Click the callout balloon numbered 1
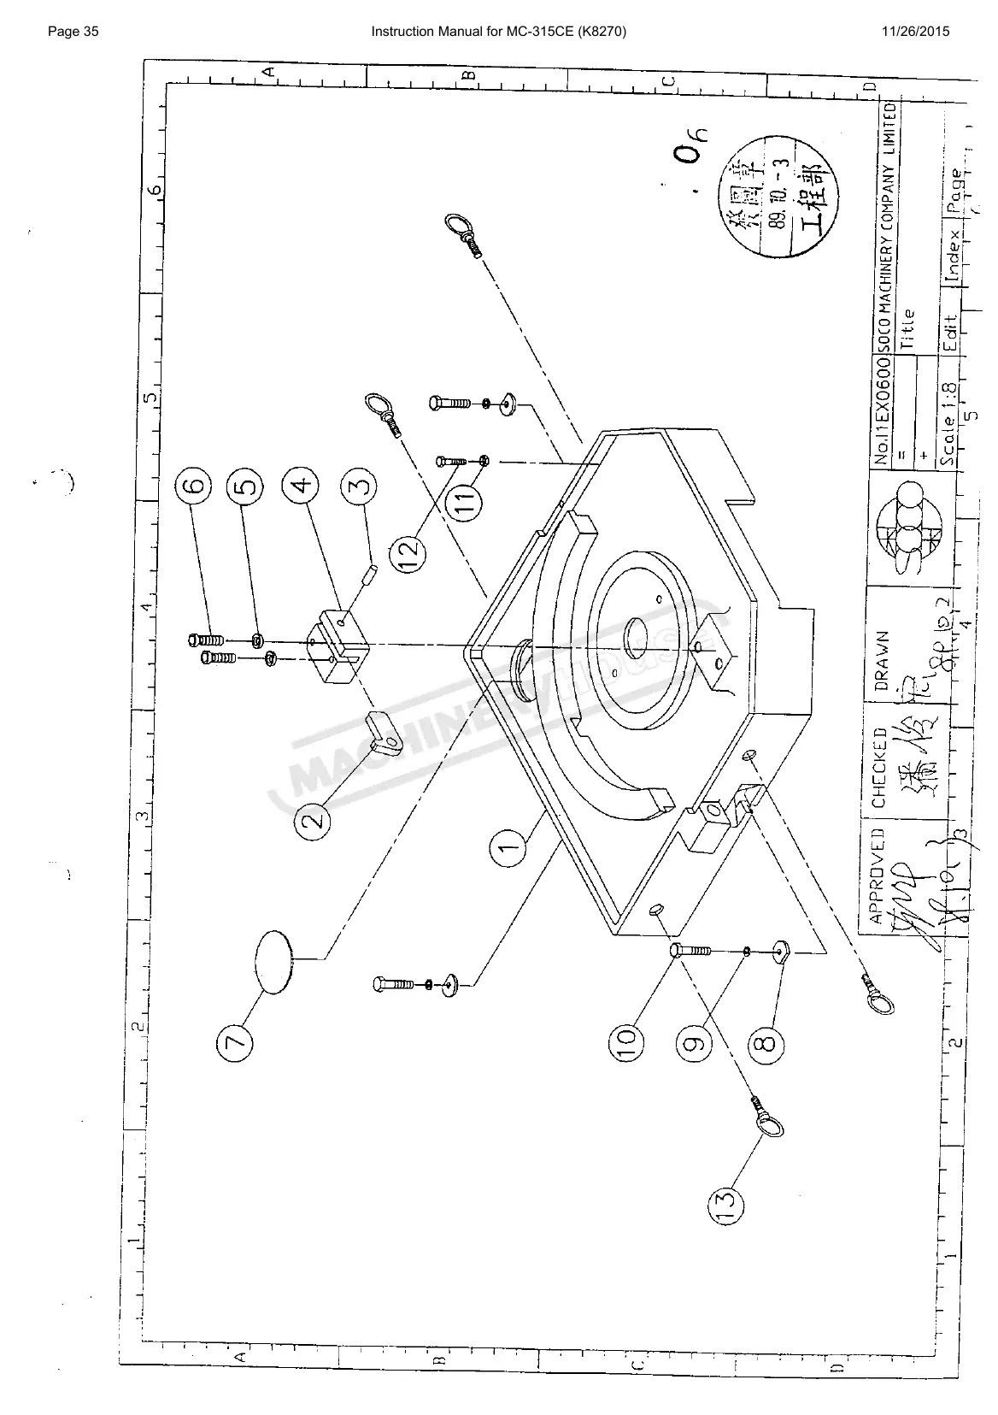(508, 849)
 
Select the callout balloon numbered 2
(315, 821)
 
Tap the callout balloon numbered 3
(360, 489)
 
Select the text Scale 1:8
(948, 425)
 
